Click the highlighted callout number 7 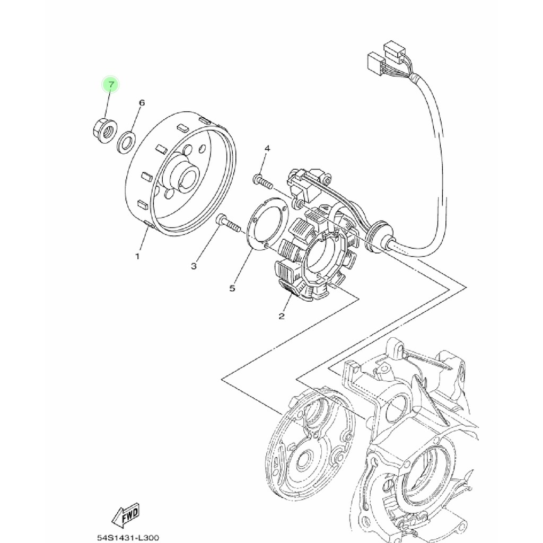tap(111, 84)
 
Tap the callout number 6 tap(142, 102)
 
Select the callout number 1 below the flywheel tap(137, 256)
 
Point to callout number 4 tap(267, 148)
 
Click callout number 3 tap(194, 265)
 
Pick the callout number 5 tap(232, 288)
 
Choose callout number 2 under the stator tap(282, 316)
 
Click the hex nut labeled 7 tap(102, 128)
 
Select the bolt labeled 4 tap(262, 182)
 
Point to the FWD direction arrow tap(126, 514)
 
